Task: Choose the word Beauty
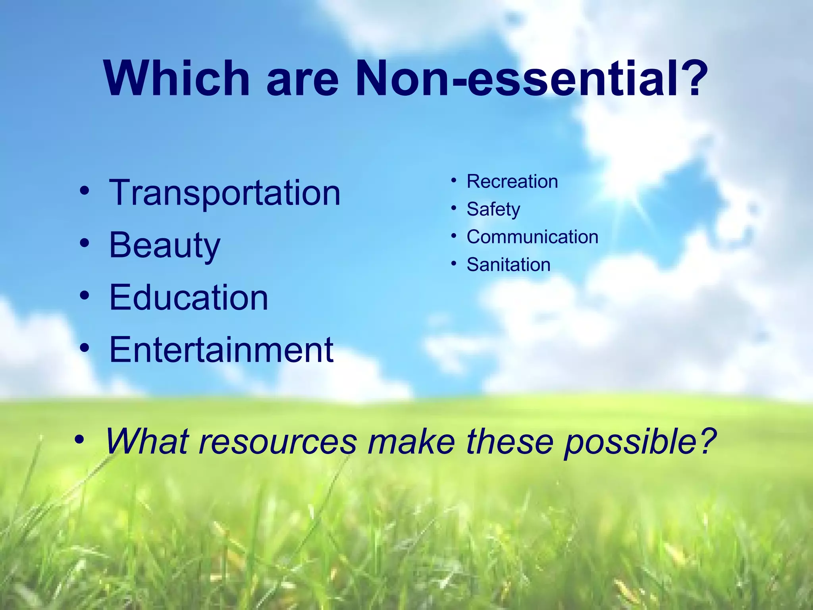[164, 246]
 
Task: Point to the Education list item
[189, 297]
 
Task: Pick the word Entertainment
[221, 350]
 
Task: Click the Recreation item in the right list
[512, 181]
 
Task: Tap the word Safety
[493, 210]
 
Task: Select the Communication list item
[532, 237]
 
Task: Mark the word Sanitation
[509, 265]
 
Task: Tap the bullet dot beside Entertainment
[84, 347]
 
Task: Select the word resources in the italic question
[277, 442]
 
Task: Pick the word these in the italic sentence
[509, 441]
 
